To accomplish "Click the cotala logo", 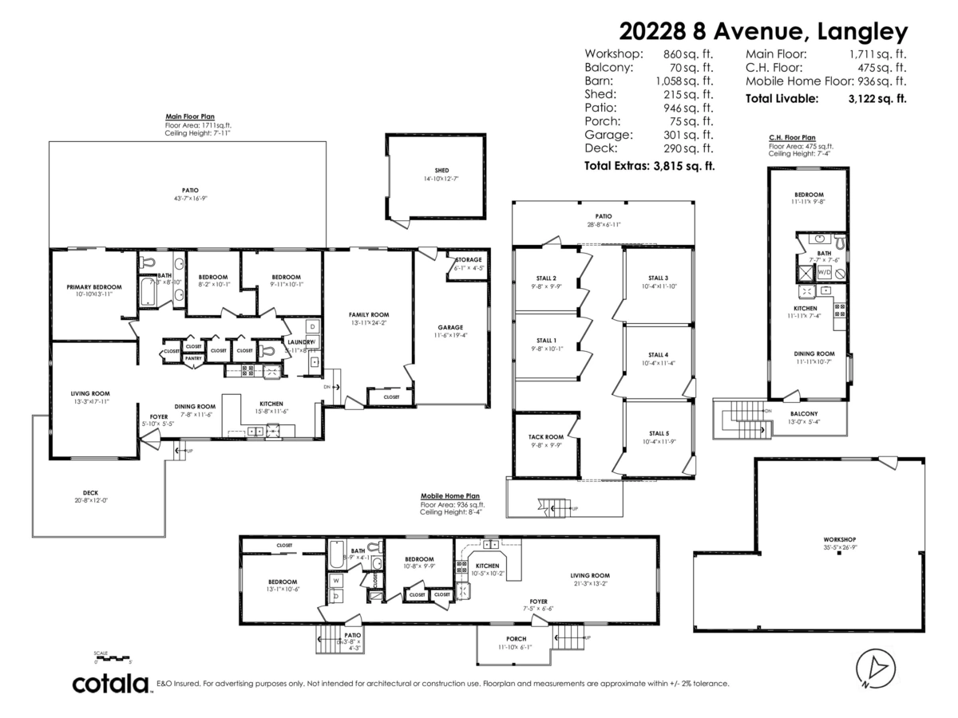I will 111,684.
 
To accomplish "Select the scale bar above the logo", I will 112,658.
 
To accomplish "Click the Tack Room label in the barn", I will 546,437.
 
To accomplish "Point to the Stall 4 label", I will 658,354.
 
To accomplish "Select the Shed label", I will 441,171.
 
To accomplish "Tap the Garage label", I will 450,327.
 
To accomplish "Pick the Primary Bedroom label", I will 93,286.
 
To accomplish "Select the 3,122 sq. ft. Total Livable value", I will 877,99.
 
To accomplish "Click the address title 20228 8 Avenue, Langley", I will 764,31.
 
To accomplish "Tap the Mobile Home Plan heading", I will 450,495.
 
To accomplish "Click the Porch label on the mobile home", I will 516,638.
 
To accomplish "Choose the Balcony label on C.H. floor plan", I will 804,413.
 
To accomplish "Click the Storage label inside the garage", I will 468,261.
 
